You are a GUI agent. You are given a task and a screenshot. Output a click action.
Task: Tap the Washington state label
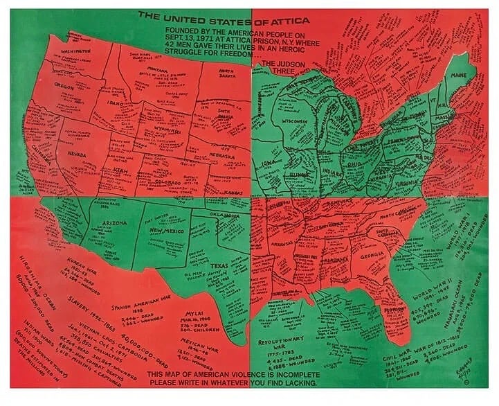pyautogui.click(x=75, y=51)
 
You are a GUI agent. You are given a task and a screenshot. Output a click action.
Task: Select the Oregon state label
pyautogui.click(x=64, y=87)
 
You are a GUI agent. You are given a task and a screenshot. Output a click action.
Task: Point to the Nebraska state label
pyautogui.click(x=223, y=156)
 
